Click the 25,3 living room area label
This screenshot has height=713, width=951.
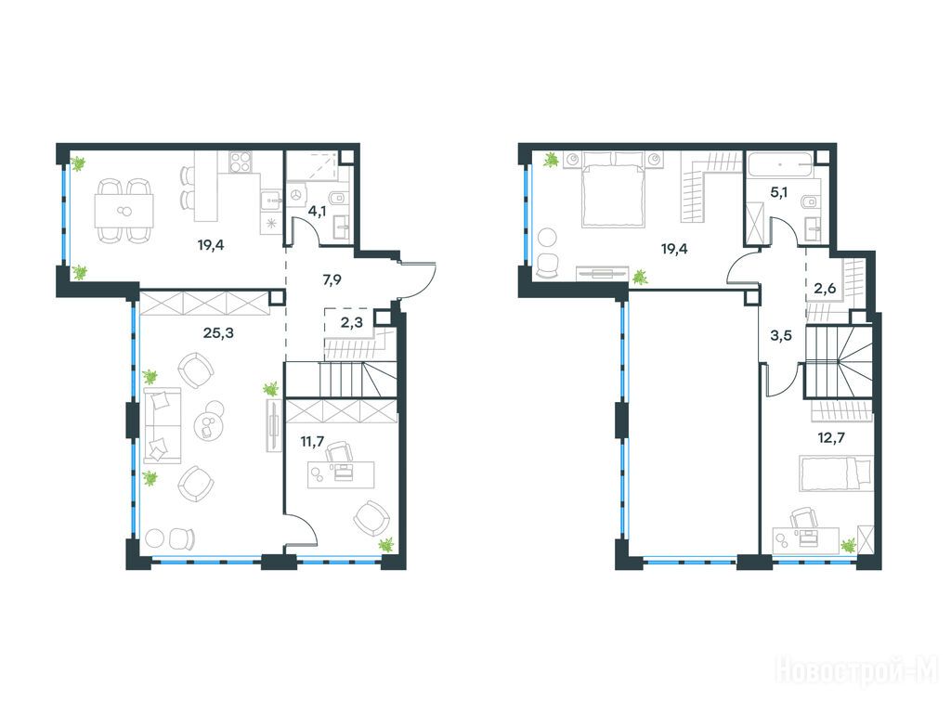coord(218,333)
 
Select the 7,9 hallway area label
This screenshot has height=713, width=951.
coord(332,279)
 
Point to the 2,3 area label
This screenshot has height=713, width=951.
coord(352,322)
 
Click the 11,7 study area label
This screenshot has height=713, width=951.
coord(312,441)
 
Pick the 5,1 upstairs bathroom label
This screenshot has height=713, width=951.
coord(778,193)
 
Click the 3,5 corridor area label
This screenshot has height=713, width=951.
coord(780,335)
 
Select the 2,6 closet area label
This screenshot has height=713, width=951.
coord(825,289)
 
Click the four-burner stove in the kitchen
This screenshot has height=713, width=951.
coord(240,161)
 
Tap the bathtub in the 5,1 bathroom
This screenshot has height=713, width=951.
coord(780,165)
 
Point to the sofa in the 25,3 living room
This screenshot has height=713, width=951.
coord(162,425)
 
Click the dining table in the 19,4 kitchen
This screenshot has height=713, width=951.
coord(124,211)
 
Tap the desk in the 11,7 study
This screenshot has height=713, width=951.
coord(341,474)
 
